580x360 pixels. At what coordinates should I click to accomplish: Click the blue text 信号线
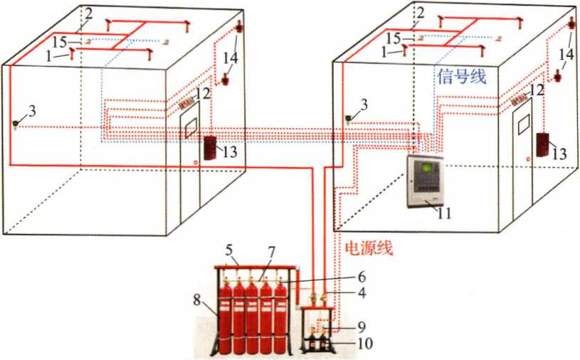coord(461,77)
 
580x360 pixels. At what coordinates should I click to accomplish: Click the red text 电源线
coord(369,248)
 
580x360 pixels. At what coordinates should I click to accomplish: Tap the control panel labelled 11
coord(425,181)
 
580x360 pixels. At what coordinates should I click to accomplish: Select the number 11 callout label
coord(444,213)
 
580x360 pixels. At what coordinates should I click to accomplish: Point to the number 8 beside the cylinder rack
coord(197,300)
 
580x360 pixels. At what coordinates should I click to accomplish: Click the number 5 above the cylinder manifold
coord(229,250)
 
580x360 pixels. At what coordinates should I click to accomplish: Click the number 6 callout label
coord(362,277)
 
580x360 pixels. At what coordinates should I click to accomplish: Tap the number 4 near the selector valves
coord(362,293)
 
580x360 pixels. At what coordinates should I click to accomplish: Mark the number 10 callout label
coord(365,344)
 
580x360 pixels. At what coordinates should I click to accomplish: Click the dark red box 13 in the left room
coord(210,148)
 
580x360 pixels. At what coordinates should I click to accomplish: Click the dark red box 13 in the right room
coord(543,144)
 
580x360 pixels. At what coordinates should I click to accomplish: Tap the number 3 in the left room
coord(33,110)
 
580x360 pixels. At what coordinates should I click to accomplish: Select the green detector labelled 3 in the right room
coord(348,119)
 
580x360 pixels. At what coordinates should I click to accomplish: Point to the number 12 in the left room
coord(203,92)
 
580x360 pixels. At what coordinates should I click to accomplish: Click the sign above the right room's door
coord(520,100)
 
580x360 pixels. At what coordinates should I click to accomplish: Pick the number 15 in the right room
coord(394,38)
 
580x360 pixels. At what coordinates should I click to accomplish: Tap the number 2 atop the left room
coord(88,14)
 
